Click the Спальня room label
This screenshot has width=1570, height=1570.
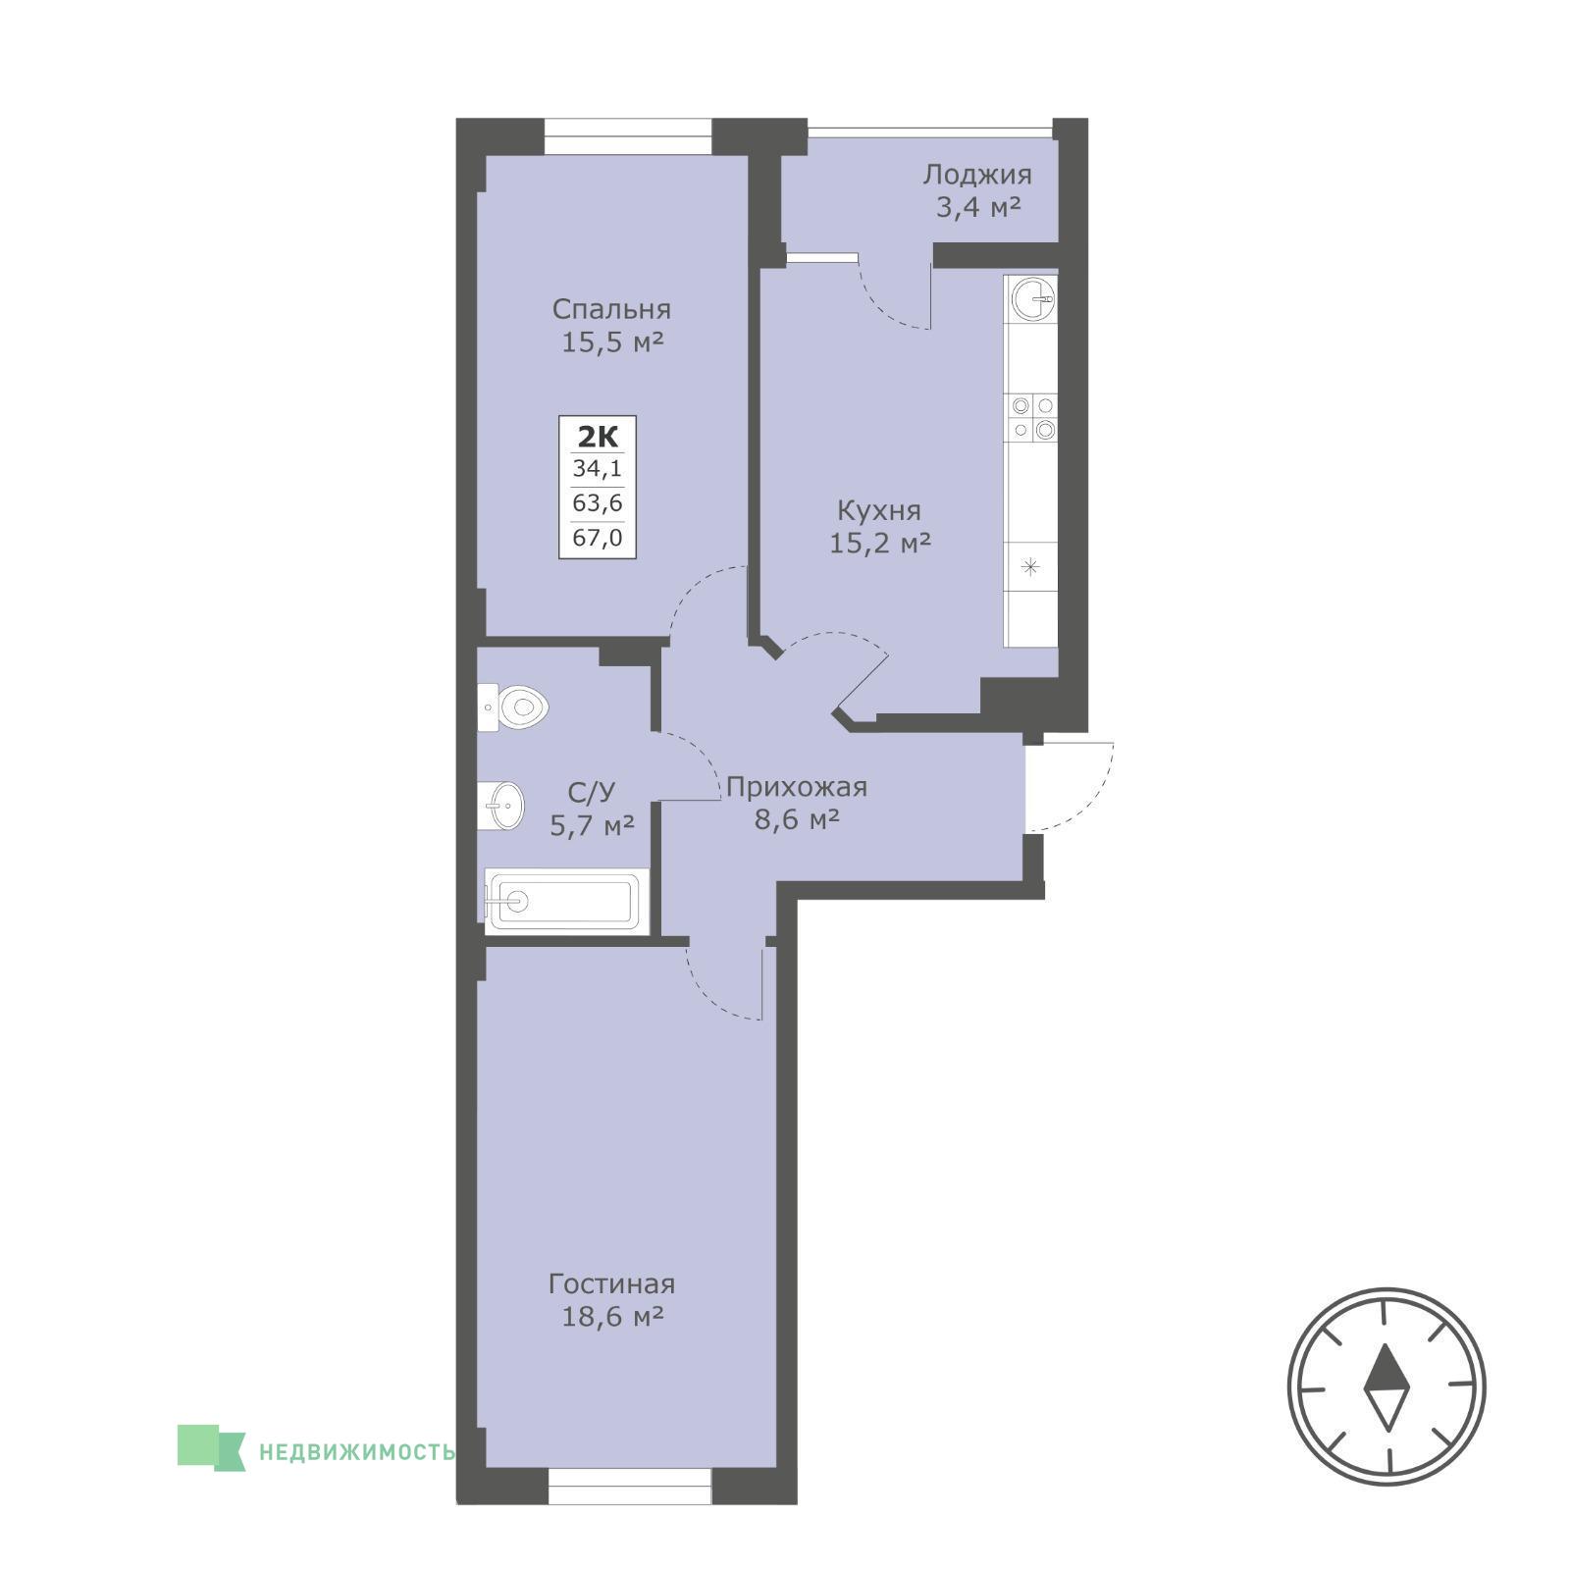(611, 310)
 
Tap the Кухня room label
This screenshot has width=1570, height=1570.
(878, 511)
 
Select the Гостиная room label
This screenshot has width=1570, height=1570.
(611, 1283)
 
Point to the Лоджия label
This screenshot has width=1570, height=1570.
(977, 176)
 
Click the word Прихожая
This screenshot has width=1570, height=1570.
(797, 787)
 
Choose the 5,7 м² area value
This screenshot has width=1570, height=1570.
(592, 825)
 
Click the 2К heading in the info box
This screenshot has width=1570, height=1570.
(598, 436)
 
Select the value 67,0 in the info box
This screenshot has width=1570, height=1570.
(598, 539)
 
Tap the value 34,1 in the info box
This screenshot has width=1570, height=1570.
(598, 470)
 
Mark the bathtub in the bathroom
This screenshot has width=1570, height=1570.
(562, 900)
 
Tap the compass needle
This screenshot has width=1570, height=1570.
(1387, 1387)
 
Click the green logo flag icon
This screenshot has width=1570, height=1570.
(211, 1446)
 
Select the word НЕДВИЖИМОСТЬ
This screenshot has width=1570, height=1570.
(357, 1451)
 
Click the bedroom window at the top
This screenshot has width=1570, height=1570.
(628, 135)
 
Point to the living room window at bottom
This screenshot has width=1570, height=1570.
(629, 1486)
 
